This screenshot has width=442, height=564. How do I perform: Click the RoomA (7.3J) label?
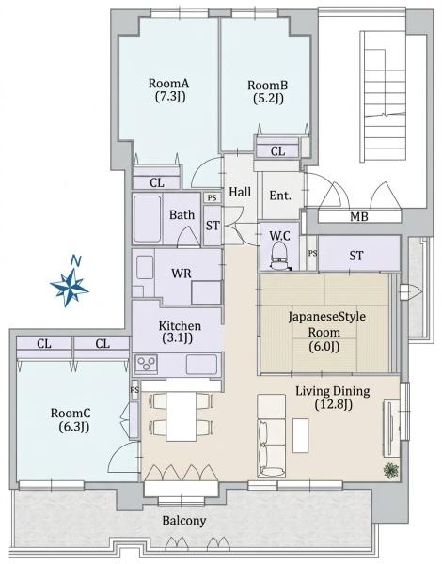coord(169,90)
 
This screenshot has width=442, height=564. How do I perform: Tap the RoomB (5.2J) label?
coord(268,92)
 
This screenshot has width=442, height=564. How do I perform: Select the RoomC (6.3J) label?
coord(71,419)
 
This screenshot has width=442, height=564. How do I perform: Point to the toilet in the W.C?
coord(279,256)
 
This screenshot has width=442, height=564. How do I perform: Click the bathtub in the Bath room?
coord(147,219)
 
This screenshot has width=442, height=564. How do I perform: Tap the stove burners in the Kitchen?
coord(146,364)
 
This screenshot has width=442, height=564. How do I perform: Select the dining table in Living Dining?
coord(182,416)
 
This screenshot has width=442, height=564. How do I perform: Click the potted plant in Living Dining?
coord(391,471)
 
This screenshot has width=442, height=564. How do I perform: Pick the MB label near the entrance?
coord(359,216)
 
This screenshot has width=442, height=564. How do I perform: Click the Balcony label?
coord(184,521)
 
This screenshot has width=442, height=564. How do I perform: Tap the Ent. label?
coord(280,196)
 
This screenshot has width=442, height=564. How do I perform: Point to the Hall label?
coord(240,192)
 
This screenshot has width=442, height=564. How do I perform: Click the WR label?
coord(182,274)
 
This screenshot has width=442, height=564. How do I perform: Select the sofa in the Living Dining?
coord(272,435)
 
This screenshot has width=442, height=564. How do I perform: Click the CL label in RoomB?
coord(277,151)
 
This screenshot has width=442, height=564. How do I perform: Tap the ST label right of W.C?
coord(356,256)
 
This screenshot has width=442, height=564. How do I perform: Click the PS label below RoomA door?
coord(213,197)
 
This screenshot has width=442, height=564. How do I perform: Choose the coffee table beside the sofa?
coord(301,435)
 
